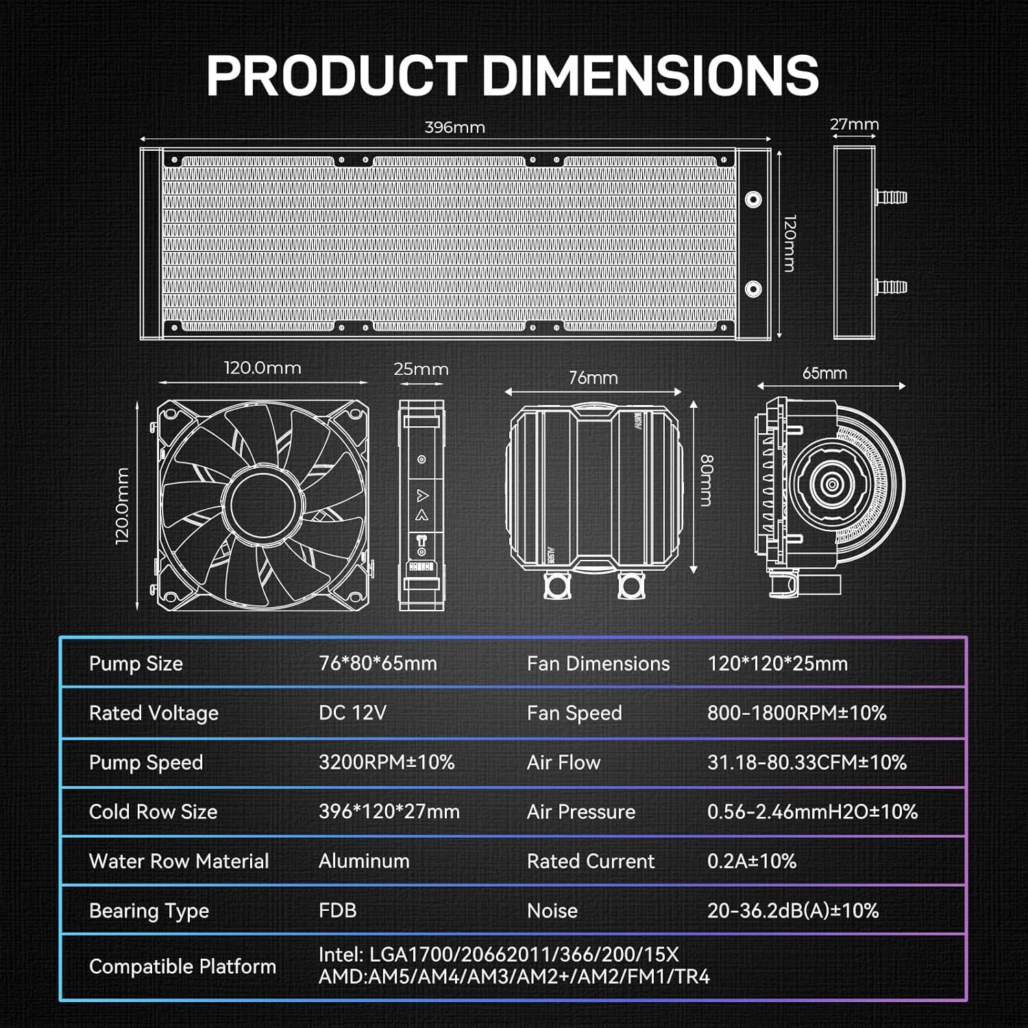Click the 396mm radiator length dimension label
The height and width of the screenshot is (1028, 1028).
point(454,127)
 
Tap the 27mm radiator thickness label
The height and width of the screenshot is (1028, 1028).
point(854,125)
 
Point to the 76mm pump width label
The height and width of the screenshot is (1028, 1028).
point(593,378)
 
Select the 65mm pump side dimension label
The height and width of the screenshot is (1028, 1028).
point(824,374)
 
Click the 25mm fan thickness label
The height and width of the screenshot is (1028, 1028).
point(421,369)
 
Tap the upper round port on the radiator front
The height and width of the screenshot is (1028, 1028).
point(753,199)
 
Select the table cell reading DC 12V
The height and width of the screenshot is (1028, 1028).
point(352,713)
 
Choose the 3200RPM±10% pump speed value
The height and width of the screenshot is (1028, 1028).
point(387,762)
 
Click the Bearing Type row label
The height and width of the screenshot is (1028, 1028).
point(149,911)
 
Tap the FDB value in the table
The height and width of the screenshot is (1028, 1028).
point(337,911)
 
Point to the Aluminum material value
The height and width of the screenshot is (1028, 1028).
point(364,861)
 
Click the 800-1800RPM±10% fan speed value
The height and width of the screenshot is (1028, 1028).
point(796,713)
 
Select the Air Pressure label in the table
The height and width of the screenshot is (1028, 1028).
point(580,811)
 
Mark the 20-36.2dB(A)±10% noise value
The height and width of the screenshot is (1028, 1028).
point(792,911)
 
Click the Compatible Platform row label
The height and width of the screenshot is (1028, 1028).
point(182,966)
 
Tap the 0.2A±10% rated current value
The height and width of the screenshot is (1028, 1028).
point(751,861)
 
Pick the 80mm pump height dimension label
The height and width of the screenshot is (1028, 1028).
point(706,480)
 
